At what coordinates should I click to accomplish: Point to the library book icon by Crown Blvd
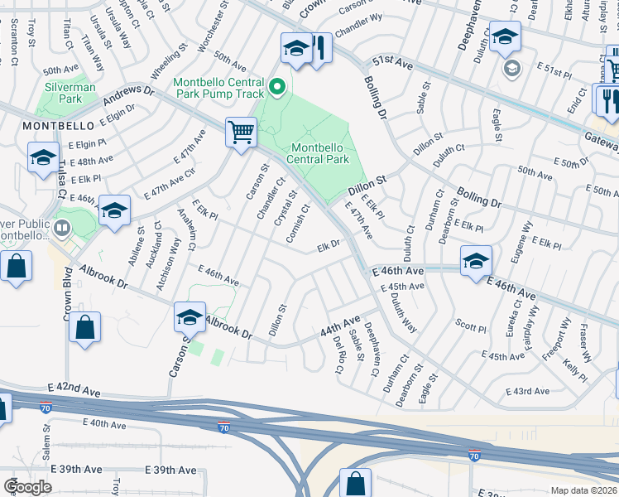pos(62,226)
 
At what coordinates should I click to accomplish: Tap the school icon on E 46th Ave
pos(476,262)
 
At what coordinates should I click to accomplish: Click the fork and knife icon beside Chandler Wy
pos(317,49)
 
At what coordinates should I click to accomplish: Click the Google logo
pos(27,487)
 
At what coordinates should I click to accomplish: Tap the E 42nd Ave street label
pos(74,388)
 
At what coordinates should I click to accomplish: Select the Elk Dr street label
pos(329,246)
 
